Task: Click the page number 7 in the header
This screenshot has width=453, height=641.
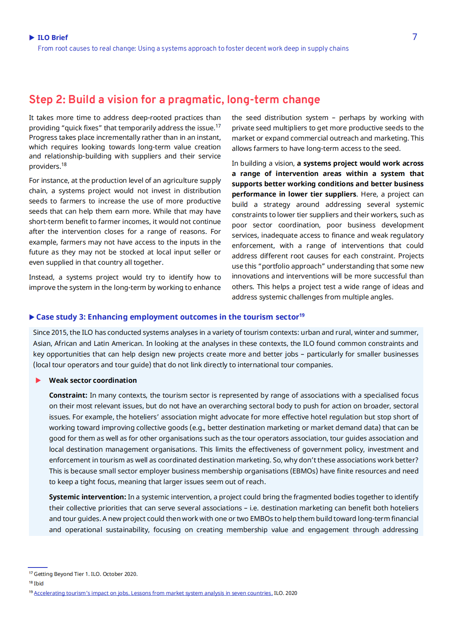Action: [x=415, y=37]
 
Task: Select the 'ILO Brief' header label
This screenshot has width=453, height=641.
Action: [x=53, y=37]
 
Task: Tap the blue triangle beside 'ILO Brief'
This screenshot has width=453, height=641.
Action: [x=32, y=37]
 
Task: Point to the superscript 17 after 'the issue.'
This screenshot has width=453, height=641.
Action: [x=218, y=126]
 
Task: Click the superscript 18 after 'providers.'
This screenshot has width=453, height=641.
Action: [x=64, y=165]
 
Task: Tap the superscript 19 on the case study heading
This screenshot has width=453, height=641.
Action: [x=302, y=315]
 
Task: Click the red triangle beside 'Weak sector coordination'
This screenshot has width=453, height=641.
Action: [x=38, y=380]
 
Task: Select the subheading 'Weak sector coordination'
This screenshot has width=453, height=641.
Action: [x=93, y=380]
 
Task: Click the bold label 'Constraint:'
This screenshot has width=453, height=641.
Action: [x=68, y=395]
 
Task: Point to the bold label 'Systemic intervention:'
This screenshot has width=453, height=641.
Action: [x=88, y=497]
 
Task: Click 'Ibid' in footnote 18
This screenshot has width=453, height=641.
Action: [x=39, y=583]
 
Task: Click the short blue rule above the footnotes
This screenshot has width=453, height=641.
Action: [x=38, y=567]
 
